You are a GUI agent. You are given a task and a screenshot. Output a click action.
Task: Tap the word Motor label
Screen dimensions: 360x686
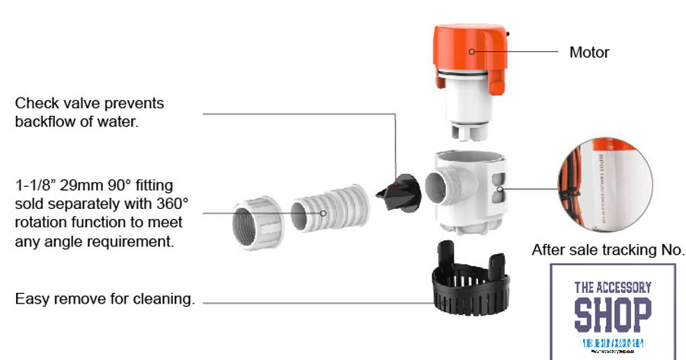click(x=589, y=53)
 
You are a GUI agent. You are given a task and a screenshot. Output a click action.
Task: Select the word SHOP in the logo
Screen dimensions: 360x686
click(x=613, y=313)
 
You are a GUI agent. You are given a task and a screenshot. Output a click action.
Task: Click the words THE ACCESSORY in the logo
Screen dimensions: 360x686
click(x=613, y=288)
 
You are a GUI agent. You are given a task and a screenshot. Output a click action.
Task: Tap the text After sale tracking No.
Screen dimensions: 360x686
click(x=607, y=250)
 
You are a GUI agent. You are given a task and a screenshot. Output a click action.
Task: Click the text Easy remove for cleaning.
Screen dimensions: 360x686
click(x=104, y=299)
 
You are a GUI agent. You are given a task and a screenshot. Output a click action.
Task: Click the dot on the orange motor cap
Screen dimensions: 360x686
click(x=471, y=52)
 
